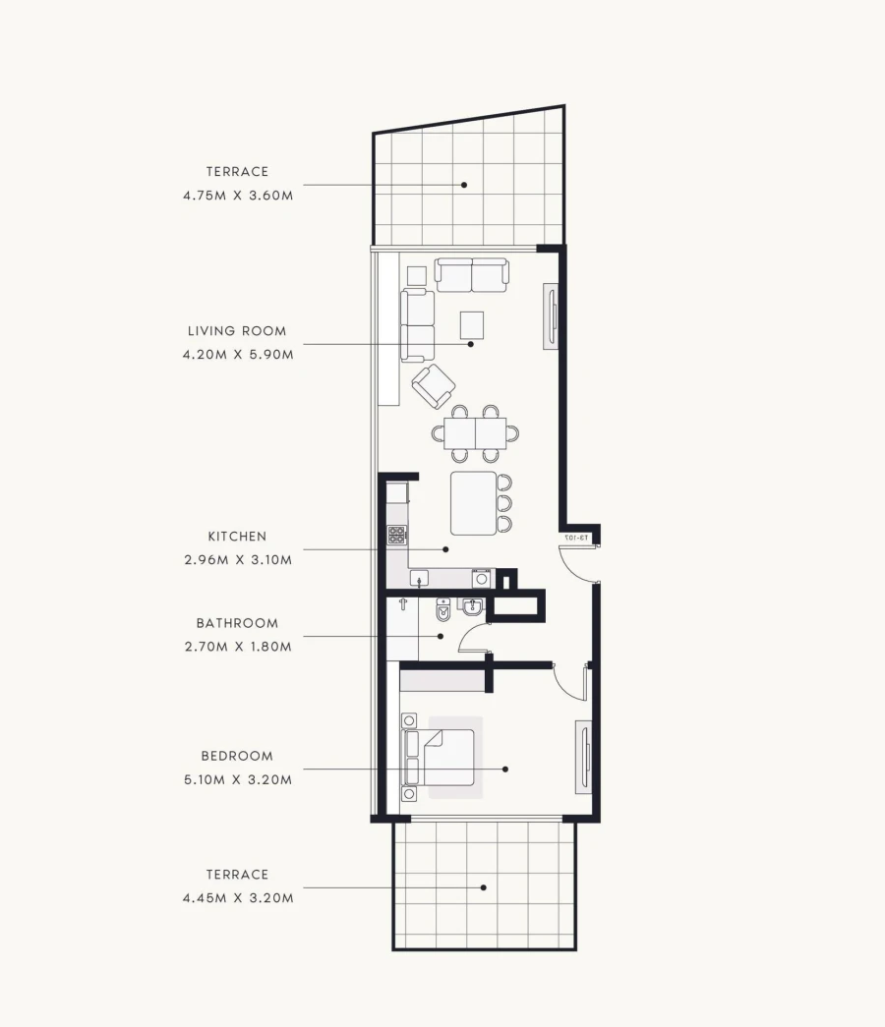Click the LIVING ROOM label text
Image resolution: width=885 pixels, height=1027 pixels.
click(x=237, y=331)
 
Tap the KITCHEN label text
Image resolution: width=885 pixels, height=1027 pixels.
click(x=237, y=537)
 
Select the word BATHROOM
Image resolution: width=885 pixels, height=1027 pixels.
click(x=237, y=623)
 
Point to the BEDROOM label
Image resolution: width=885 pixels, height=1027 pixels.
click(x=237, y=757)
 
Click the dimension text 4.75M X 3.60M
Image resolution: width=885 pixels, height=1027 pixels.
click(x=237, y=196)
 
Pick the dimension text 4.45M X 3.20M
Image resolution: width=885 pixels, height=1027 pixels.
click(x=237, y=897)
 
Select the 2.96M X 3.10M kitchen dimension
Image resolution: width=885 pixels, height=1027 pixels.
click(x=237, y=560)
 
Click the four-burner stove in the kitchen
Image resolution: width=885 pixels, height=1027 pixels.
click(x=397, y=536)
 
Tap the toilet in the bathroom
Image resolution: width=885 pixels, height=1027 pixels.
click(x=442, y=611)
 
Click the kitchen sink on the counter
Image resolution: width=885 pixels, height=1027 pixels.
click(x=419, y=578)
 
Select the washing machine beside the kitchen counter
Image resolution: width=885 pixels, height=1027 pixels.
click(x=481, y=578)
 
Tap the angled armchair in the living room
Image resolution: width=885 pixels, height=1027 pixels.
click(x=433, y=386)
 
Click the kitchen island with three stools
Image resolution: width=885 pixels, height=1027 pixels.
click(x=474, y=503)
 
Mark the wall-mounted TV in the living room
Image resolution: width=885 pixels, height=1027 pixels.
click(x=552, y=317)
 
